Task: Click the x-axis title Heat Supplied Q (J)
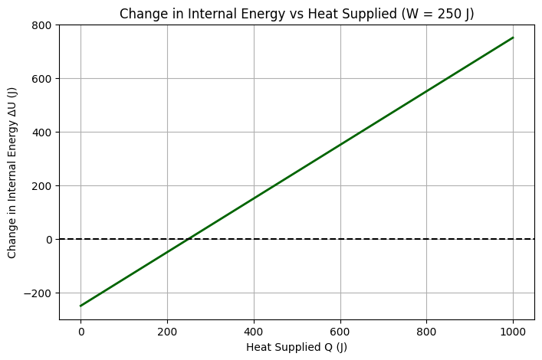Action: tap(297, 346)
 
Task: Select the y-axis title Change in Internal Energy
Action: tap(12, 172)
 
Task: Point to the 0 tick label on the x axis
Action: tap(80, 331)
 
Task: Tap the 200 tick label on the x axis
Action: tap(167, 331)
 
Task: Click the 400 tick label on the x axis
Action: tap(254, 331)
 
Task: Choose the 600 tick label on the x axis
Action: tap(340, 331)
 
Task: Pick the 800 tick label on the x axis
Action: tap(426, 331)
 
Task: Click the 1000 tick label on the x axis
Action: tap(513, 331)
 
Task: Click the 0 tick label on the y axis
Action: tap(49, 239)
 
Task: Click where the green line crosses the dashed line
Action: tap(189, 239)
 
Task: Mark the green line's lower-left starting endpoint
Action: tap(80, 306)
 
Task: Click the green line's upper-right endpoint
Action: tap(513, 38)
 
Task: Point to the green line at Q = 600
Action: tap(340, 145)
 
